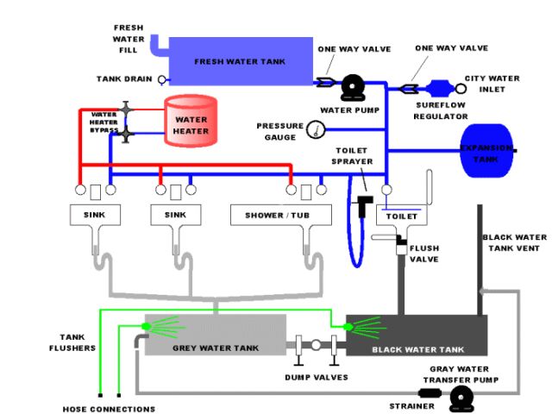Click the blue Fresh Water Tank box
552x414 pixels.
pyautogui.click(x=241, y=61)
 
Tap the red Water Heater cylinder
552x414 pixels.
pyautogui.click(x=191, y=121)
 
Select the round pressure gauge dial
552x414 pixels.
pyautogui.click(x=316, y=129)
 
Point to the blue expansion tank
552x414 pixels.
pyautogui.click(x=486, y=150)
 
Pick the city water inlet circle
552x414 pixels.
pyautogui.click(x=461, y=88)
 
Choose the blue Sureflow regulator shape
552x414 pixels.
pyautogui.click(x=440, y=88)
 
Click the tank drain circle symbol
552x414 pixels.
pyautogui.click(x=162, y=80)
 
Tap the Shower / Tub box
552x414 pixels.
pyautogui.click(x=281, y=215)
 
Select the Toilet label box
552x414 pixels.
pyautogui.click(x=402, y=216)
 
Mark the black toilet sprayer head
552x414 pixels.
pyautogui.click(x=362, y=206)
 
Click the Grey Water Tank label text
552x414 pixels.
pyautogui.click(x=216, y=348)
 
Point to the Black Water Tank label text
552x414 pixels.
pyautogui.click(x=417, y=349)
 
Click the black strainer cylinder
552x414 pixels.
pyautogui.click(x=430, y=393)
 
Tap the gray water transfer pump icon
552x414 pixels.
pyautogui.click(x=461, y=398)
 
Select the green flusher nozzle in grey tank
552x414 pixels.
pyautogui.click(x=146, y=326)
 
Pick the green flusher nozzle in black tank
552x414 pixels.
pyautogui.click(x=348, y=327)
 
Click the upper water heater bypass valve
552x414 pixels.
pyautogui.click(x=126, y=110)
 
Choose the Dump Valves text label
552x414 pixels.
pyautogui.click(x=317, y=378)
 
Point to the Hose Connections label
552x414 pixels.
pyautogui.click(x=109, y=409)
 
